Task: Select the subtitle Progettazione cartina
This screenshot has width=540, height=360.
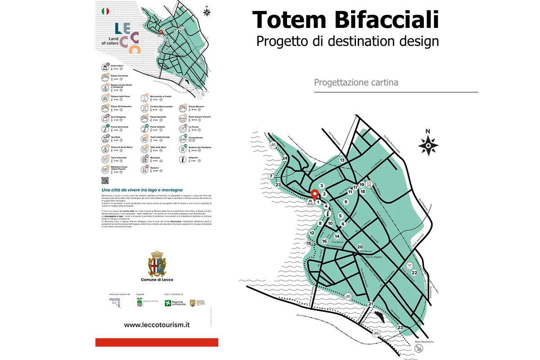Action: pos(356,83)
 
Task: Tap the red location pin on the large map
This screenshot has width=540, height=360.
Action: pos(315,194)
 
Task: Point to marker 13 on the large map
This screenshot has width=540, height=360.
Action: pos(342,160)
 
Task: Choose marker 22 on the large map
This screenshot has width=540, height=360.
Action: pos(414,273)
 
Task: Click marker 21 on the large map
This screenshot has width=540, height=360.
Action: pos(370,304)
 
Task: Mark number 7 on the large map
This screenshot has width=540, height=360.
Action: pos(270,176)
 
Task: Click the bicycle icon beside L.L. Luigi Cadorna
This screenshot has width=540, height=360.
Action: pos(273,144)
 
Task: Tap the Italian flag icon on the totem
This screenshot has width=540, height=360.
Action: pos(105,10)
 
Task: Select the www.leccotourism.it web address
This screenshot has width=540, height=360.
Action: pos(157,325)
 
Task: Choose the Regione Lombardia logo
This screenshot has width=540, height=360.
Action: pos(173,303)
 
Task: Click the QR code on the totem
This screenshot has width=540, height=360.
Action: pos(105,180)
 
